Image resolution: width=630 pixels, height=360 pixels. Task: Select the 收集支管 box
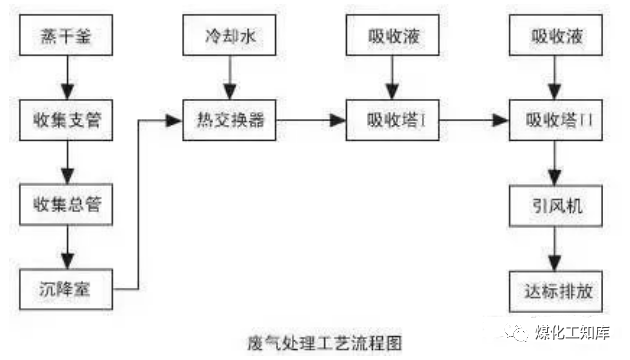[66, 122]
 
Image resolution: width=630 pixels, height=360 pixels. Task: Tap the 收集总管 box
[66, 205]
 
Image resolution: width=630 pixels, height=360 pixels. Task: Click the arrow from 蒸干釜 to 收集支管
[66, 81]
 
